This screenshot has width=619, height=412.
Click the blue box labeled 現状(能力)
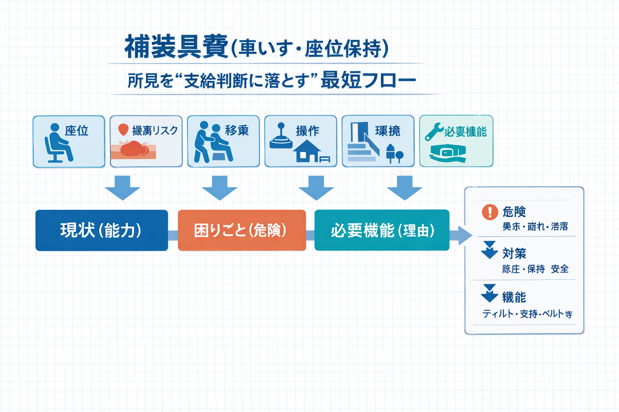tap(102, 230)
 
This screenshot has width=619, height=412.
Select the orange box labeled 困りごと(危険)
tap(242, 230)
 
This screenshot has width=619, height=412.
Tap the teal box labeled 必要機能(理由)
tap(382, 230)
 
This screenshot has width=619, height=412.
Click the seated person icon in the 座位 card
tap(58, 144)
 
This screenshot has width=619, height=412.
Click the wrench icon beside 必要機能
tap(434, 132)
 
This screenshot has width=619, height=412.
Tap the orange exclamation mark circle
tap(490, 212)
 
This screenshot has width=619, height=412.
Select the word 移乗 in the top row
tap(237, 130)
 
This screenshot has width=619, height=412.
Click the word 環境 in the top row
tap(388, 131)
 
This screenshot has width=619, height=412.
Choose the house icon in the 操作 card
tap(307, 152)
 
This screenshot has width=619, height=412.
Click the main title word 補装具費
tap(177, 47)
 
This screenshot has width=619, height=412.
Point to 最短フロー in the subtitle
tap(368, 80)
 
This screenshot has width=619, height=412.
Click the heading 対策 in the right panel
tap(514, 253)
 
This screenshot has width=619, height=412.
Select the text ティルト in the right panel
tap(497, 314)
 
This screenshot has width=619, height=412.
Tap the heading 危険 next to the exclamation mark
tap(514, 212)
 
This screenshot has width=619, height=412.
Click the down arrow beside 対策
tap(490, 250)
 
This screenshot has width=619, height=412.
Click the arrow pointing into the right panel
tap(461, 235)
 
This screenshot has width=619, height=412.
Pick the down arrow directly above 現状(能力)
tap(123, 187)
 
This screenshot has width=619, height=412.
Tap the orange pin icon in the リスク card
tap(123, 130)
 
